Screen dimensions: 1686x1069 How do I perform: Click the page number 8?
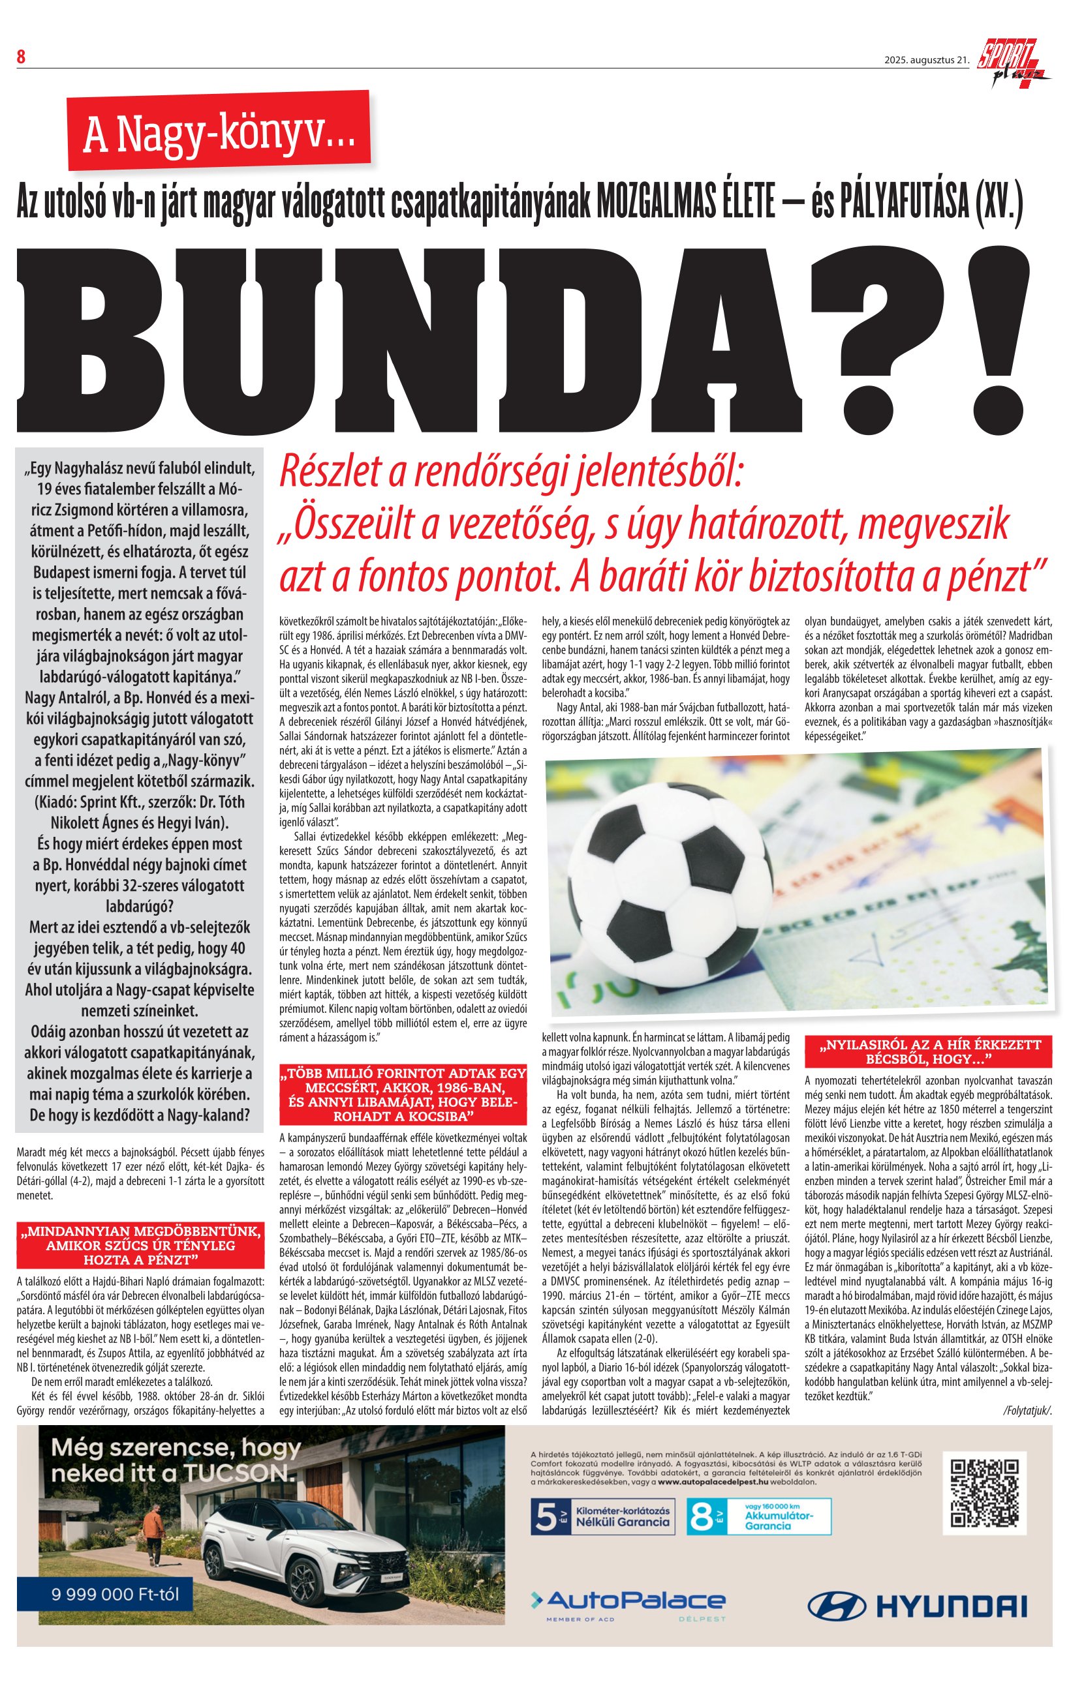(x=21, y=57)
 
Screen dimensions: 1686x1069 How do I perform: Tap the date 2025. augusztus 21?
(x=926, y=60)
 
